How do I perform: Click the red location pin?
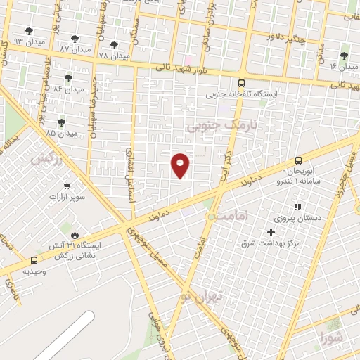(181, 165)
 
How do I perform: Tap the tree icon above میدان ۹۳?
(29, 31)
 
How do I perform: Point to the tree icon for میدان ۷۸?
(114, 44)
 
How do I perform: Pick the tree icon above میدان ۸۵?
(61, 122)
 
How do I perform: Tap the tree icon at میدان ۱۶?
(344, 56)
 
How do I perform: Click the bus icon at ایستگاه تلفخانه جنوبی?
(242, 82)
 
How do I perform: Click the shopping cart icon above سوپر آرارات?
(67, 186)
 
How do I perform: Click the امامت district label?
(228, 216)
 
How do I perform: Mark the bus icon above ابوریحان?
(299, 160)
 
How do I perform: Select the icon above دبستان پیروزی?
(297, 207)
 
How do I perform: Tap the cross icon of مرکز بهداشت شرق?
(271, 232)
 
